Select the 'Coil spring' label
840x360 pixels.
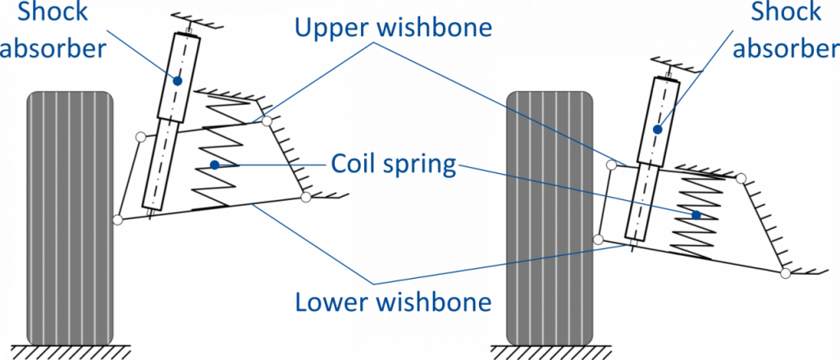[x=394, y=164]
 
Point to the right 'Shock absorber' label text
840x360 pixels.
[x=785, y=29]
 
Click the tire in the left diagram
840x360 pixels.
[x=70, y=217]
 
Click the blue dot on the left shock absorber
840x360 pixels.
[x=177, y=80]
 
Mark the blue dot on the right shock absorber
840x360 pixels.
[x=656, y=129]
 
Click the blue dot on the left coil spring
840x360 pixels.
[x=215, y=165]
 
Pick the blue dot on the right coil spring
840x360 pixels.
[x=696, y=215]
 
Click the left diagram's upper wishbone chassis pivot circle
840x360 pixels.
[x=267, y=121]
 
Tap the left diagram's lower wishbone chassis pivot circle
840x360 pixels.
[x=306, y=197]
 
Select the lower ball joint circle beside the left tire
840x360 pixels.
[x=118, y=219]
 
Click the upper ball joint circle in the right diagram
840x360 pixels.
[x=611, y=166]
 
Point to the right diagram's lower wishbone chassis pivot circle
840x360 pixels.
[x=785, y=272]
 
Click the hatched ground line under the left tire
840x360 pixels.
[x=70, y=351]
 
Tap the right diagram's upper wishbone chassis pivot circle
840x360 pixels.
[x=741, y=178]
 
